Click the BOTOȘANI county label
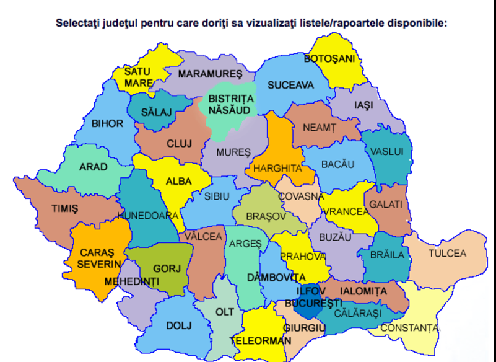329,59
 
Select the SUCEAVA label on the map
290,86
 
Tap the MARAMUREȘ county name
210,74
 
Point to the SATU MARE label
137,77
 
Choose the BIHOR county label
107,123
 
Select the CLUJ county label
179,144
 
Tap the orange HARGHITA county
278,167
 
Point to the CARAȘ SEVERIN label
98,258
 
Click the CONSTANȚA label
409,327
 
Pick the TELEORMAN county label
260,340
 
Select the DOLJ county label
178,325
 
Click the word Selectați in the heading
80,24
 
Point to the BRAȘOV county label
266,216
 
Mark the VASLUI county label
387,151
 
